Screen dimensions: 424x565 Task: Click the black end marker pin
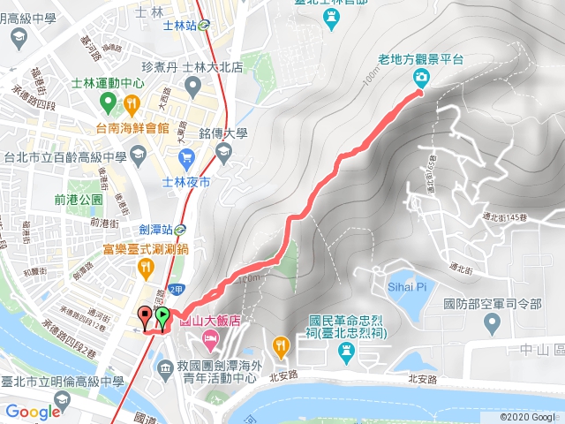[144, 314]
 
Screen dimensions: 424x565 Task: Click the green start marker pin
[162, 315]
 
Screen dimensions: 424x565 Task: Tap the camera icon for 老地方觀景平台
[421, 79]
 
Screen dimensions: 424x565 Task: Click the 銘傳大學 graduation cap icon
[221, 152]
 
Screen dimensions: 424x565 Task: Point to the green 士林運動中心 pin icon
[108, 104]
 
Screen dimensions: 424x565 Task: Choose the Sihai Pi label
[407, 287]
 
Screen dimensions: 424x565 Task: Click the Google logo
[33, 412]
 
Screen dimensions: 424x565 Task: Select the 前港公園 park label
[79, 200]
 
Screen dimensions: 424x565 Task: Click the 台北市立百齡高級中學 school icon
[138, 155]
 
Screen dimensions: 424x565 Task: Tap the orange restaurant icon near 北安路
[280, 344]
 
